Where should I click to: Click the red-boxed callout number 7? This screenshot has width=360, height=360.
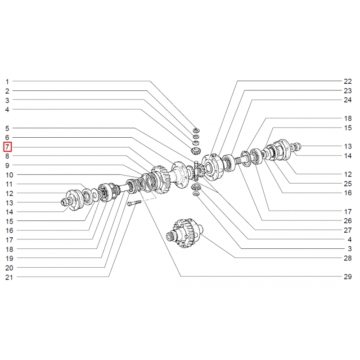(x=7, y=147)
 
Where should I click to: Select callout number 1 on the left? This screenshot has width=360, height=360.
(x=7, y=81)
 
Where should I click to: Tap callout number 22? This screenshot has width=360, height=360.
(x=347, y=81)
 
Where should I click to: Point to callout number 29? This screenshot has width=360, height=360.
(x=347, y=276)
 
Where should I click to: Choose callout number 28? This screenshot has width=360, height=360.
(x=347, y=258)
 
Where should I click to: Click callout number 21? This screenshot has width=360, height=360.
(x=9, y=277)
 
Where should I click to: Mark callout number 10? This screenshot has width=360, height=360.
(x=9, y=175)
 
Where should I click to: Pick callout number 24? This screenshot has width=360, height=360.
(x=347, y=99)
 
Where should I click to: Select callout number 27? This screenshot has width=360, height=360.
(x=347, y=230)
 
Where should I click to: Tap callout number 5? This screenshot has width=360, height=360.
(x=7, y=128)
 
